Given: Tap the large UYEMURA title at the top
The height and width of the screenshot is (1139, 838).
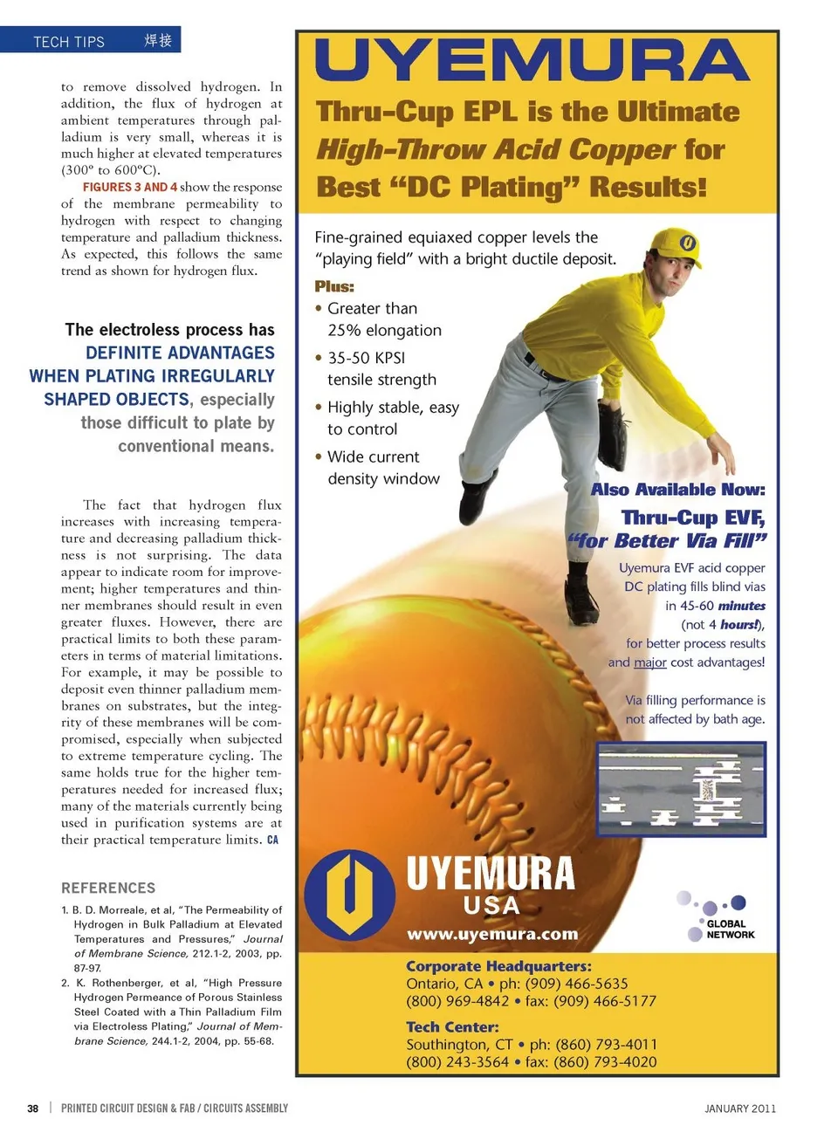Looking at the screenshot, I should pos(532,61).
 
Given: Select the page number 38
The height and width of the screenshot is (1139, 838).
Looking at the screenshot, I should pos(32,1108).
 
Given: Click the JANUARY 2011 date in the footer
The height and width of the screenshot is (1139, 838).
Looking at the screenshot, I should pos(739,1108).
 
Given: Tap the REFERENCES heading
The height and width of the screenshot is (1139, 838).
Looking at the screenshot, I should pos(108,888).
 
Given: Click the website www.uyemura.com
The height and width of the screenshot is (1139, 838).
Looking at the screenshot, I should pos(492,934).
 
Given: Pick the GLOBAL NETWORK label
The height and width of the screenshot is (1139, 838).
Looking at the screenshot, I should pos(731,929).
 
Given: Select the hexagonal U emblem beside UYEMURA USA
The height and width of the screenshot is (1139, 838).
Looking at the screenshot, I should pos(349,892).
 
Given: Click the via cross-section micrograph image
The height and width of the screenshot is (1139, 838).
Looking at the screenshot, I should pos(681,790).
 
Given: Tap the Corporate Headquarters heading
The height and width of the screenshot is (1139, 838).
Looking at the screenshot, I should pos(498,966).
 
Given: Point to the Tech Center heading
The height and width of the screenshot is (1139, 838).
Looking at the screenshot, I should pos(452,1027).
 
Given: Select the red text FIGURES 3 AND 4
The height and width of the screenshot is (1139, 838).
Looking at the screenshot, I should pos(130,187).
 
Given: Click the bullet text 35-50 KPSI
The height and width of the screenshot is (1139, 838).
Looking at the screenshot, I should pos(366,358).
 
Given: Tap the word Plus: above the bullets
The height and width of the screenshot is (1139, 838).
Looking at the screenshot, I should pos(334,286).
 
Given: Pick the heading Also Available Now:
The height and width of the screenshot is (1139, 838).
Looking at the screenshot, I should pos(677,490).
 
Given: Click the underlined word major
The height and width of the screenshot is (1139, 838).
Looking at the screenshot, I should pos(649,662).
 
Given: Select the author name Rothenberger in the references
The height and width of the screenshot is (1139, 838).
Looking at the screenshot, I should pos(125,983).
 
